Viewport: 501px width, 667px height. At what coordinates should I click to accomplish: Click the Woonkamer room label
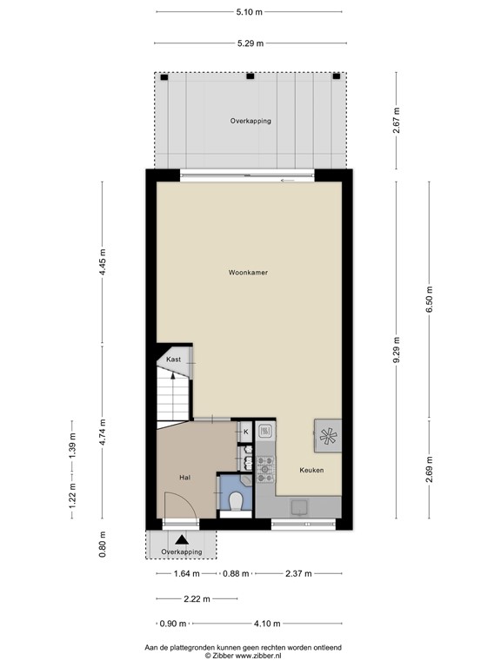click(248, 272)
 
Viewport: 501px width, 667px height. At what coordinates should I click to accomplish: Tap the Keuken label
click(311, 470)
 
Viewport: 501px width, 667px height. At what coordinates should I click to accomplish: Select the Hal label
click(184, 477)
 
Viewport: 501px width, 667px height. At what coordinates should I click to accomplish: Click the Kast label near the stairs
click(173, 359)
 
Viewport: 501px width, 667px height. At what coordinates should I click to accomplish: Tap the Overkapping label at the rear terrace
click(250, 121)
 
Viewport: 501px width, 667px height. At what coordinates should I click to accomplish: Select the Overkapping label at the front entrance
click(182, 551)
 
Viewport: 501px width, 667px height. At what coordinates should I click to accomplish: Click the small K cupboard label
click(245, 432)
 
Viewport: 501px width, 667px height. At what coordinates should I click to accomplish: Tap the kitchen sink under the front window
click(299, 507)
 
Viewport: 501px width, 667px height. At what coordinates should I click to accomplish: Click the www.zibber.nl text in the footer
click(266, 656)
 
